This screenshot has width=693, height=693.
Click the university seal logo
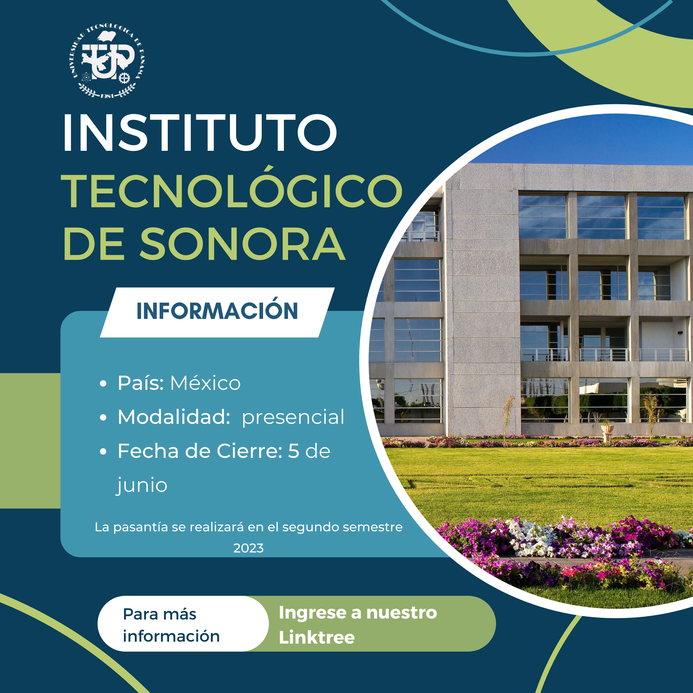(x=107, y=61)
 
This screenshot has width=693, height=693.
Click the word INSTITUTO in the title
(x=200, y=133)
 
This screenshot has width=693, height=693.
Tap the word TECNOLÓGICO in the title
(x=232, y=188)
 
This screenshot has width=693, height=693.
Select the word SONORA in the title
(x=243, y=244)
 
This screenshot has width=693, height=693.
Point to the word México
(x=205, y=383)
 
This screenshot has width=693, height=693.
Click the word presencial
(x=293, y=417)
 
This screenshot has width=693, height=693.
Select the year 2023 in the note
(x=248, y=548)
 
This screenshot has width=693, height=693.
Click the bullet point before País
(x=103, y=384)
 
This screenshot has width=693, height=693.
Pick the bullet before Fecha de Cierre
(x=103, y=452)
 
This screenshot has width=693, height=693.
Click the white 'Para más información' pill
(x=183, y=625)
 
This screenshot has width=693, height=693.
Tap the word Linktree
(x=317, y=637)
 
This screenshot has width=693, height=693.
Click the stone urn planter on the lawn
(x=607, y=432)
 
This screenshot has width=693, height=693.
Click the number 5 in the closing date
(x=294, y=451)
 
